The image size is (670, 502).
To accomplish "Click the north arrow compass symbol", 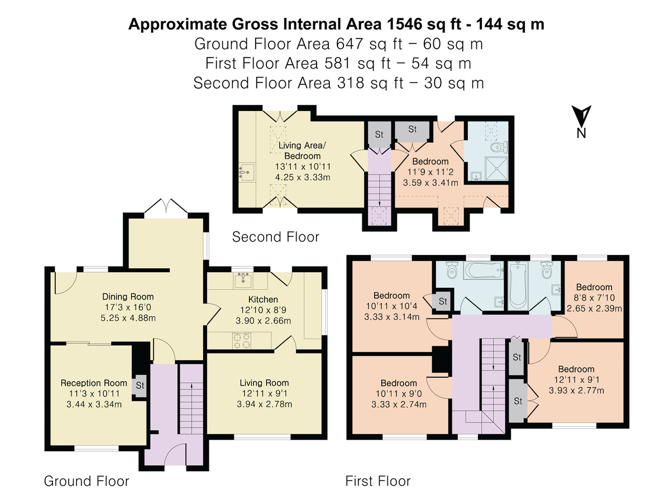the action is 581,121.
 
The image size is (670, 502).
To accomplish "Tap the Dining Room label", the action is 128,297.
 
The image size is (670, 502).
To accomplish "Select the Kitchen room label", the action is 263,300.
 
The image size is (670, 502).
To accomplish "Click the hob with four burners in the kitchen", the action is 242,341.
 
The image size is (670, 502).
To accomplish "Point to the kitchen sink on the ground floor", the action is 243,280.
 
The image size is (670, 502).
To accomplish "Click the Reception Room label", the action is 94,383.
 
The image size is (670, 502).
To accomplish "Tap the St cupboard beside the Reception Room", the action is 140,385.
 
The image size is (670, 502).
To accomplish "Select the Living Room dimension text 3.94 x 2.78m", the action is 264,404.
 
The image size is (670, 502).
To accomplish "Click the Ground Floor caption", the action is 87,481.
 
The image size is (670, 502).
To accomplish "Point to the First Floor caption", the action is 378,481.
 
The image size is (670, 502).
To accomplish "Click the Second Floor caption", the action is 276,237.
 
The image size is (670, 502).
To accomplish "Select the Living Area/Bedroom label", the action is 302,151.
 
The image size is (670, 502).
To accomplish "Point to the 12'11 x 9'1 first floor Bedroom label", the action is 576,369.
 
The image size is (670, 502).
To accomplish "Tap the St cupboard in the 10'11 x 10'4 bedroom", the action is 443,301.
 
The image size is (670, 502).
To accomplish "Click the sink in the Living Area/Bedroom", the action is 247,172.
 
